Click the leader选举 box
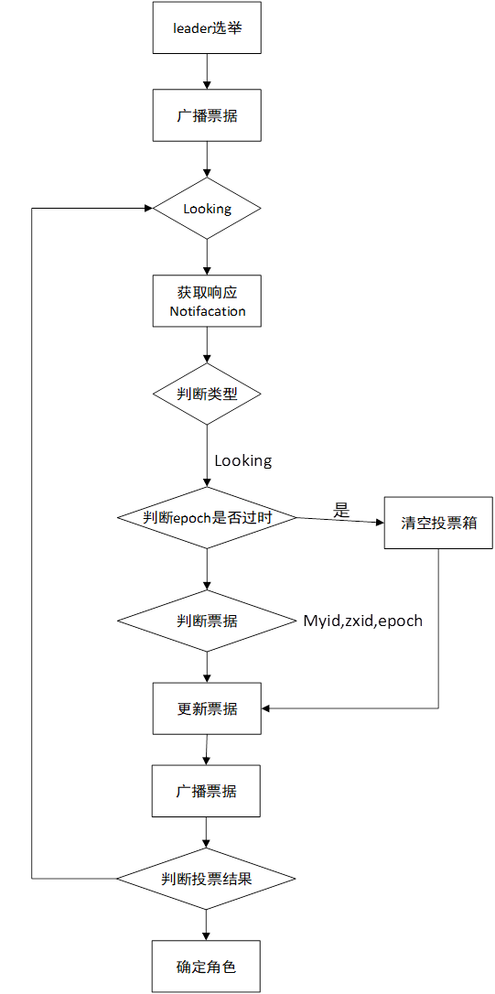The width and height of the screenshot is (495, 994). coord(207,27)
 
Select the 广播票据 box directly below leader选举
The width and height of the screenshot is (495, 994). coord(207,117)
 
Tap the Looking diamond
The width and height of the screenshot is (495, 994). coord(207,209)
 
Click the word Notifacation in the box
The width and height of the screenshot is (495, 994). coord(208,311)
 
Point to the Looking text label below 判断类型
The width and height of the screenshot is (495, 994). coord(243,459)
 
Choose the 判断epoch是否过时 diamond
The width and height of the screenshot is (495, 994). coord(207,517)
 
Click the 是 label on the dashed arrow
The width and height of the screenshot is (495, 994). coord(341,511)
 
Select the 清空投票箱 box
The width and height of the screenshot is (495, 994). coord(438,524)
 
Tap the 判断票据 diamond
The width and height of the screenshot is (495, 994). coord(207,621)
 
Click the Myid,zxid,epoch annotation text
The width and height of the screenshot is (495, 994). coord(363,621)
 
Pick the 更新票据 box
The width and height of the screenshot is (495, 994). coord(207,708)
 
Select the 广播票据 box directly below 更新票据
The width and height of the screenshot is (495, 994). coord(207,791)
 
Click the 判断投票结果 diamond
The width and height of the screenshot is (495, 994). coord(207,879)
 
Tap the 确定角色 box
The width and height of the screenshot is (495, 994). coord(207,966)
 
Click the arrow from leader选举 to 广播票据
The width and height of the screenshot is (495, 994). coord(208,73)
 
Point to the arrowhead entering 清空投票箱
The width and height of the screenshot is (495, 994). coord(378,522)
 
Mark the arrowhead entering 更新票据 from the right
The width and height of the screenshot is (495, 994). coord(267,708)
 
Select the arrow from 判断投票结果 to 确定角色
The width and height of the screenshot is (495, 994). coord(207,923)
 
